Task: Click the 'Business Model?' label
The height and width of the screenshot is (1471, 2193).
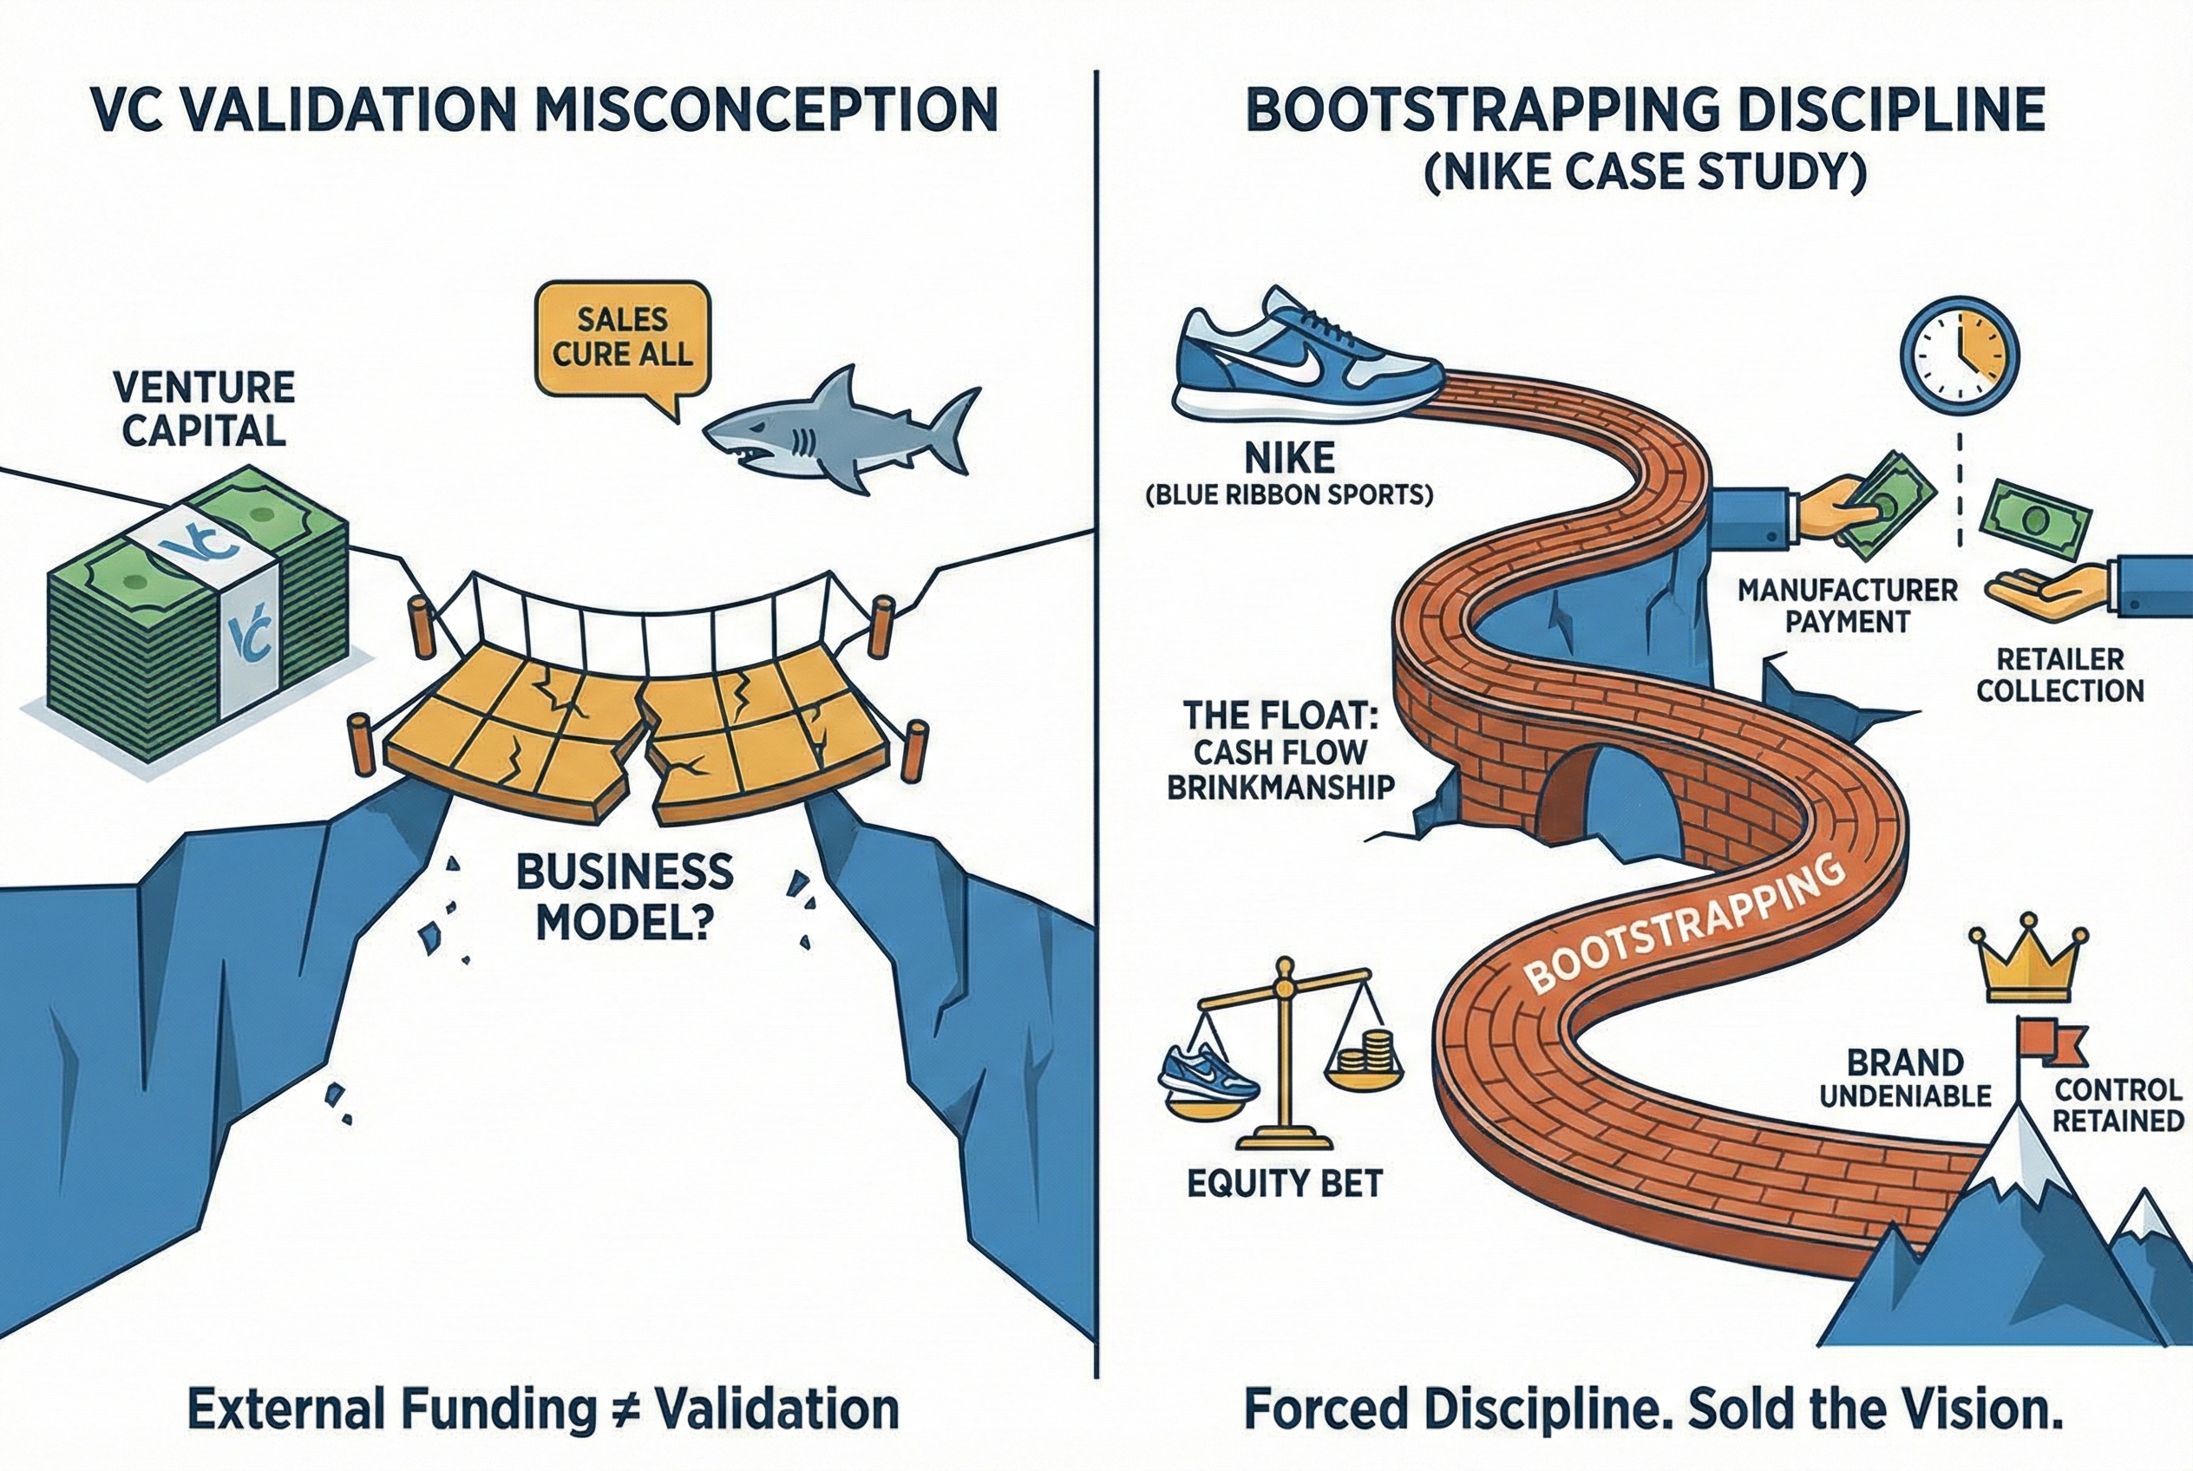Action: (x=625, y=898)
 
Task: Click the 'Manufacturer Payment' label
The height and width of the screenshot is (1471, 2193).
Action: (x=1847, y=606)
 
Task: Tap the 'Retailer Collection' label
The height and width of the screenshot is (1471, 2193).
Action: (x=2059, y=676)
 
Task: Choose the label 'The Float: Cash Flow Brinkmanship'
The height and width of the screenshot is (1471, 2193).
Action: (x=1279, y=750)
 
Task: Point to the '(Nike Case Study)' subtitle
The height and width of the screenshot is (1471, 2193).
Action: (x=1644, y=174)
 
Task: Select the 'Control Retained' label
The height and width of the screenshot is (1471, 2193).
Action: (x=2118, y=1105)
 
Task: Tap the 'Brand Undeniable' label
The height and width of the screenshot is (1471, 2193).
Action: (x=1905, y=1079)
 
